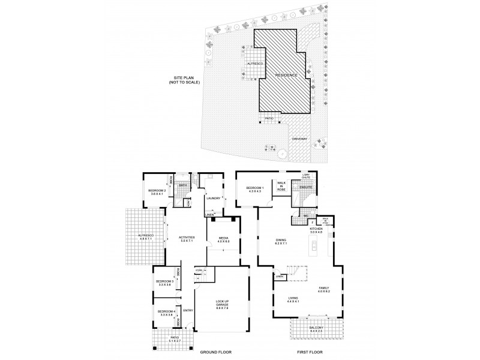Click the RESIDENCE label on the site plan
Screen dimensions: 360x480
(286, 75)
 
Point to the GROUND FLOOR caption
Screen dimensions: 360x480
(215, 352)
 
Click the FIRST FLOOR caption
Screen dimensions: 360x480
(308, 352)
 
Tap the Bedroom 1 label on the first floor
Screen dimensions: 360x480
(256, 190)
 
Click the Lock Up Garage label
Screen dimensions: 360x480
(222, 305)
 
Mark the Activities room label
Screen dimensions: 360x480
(187, 238)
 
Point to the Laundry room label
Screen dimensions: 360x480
(213, 198)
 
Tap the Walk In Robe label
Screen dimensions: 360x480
(281, 186)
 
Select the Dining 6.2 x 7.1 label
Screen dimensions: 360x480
(281, 242)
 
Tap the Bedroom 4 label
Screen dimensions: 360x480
(165, 313)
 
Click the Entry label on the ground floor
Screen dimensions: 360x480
(188, 310)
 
